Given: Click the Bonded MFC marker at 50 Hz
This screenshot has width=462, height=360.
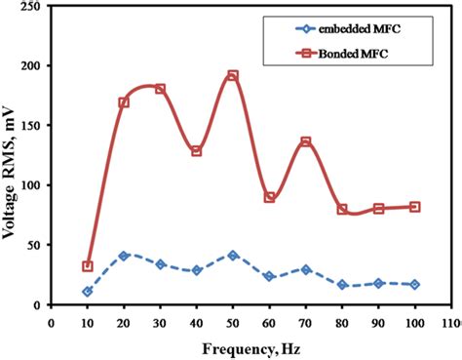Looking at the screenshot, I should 233,76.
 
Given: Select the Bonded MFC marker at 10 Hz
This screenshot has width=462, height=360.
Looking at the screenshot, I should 88,266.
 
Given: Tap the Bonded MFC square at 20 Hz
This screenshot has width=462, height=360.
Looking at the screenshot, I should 124,102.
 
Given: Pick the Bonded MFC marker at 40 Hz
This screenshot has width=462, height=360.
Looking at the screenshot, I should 196,151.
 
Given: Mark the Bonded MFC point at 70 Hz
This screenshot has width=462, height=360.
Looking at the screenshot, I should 306,142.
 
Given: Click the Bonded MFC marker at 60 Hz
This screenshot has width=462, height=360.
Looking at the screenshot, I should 269,197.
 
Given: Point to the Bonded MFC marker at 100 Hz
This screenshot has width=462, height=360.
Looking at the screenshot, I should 415,207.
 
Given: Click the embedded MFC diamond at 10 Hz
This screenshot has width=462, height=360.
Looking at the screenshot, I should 88,291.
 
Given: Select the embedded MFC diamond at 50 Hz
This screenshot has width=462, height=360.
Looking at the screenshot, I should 233,255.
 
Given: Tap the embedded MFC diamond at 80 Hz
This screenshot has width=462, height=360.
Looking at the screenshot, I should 342,285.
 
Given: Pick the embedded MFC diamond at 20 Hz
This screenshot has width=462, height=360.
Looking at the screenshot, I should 124,256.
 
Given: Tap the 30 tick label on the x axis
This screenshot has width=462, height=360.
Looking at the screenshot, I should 160,319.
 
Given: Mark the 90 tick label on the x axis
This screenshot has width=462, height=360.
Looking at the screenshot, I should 379,319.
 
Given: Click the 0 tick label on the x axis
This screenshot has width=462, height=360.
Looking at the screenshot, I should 51,319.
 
